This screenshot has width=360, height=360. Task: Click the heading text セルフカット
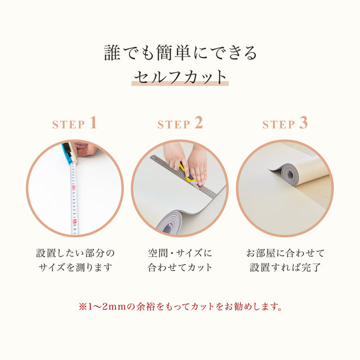click(180, 76)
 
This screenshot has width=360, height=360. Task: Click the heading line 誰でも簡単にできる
click(180, 52)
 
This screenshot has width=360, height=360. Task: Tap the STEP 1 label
click(75, 124)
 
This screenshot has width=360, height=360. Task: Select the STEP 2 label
click(180, 124)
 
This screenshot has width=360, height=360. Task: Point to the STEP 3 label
click(285, 124)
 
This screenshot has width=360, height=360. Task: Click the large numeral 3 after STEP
click(303, 123)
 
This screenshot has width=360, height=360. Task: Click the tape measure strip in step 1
click(74, 200)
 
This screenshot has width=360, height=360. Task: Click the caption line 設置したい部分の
click(75, 252)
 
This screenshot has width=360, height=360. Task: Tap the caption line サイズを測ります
click(75, 267)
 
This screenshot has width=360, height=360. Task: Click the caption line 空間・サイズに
click(180, 252)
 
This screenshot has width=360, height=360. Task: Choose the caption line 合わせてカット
click(180, 267)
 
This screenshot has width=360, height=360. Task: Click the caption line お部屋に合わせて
click(285, 252)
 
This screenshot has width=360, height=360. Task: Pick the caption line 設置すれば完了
click(285, 267)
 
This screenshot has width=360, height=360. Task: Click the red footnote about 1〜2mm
click(180, 305)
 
